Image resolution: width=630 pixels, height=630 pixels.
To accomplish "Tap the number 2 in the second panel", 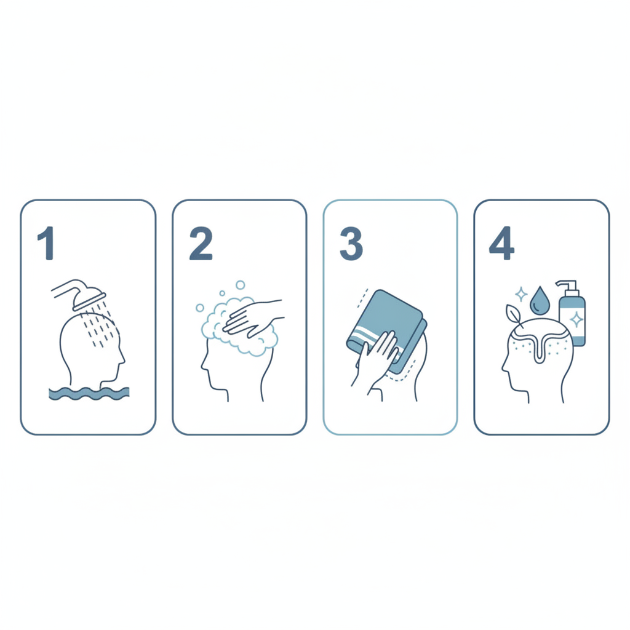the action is [x=201, y=244].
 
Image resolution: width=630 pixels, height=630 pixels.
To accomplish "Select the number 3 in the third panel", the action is [x=351, y=244].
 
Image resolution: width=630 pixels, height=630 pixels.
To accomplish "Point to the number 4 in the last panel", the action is [x=501, y=243].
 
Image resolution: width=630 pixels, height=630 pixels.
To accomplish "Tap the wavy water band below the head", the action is [x=89, y=393].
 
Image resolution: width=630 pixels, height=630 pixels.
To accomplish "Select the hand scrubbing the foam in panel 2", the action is [x=253, y=318].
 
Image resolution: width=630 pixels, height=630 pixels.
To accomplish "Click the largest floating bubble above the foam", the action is [x=241, y=285].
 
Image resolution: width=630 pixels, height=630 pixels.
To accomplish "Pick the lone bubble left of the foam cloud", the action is [x=200, y=308].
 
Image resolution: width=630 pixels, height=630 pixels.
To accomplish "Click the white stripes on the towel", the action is [x=373, y=340].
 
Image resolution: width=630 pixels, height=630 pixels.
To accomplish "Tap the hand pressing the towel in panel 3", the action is [x=376, y=354].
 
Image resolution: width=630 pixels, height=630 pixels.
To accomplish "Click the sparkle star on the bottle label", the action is [x=577, y=320].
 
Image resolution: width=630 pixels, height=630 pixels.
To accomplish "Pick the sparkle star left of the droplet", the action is [x=521, y=294].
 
